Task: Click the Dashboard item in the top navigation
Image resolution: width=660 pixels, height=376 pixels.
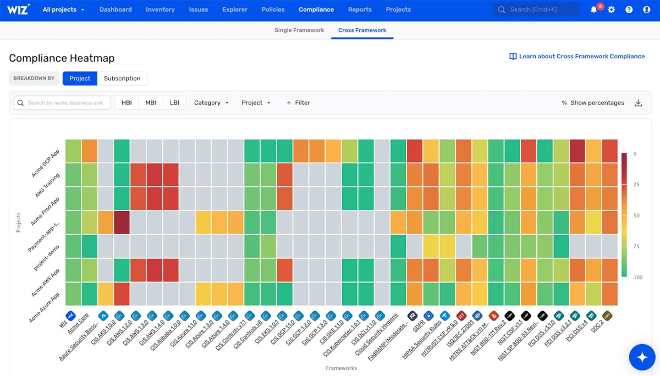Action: click(x=116, y=9)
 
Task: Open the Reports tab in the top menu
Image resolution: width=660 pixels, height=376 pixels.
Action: click(x=360, y=9)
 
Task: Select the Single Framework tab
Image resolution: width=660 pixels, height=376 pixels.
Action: click(x=299, y=30)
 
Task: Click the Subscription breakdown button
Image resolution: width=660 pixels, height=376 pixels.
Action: click(x=122, y=78)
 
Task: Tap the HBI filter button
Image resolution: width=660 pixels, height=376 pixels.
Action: click(x=127, y=103)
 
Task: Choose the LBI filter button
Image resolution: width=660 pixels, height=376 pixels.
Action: click(x=174, y=103)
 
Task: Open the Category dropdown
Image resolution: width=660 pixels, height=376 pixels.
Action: click(x=211, y=103)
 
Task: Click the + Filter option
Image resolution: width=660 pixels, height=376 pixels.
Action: click(x=298, y=103)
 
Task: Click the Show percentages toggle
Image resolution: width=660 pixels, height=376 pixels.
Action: click(x=593, y=103)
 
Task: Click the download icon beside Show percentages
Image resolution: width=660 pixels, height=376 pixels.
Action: click(x=638, y=103)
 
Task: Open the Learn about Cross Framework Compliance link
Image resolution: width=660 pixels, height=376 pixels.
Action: click(x=577, y=56)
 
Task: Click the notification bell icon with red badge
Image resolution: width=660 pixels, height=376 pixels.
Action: click(x=594, y=10)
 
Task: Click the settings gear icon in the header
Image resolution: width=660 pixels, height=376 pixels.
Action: click(x=612, y=10)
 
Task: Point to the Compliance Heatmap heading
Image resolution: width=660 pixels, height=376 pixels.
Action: click(x=62, y=58)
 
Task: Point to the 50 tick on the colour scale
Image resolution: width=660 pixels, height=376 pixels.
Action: click(x=636, y=215)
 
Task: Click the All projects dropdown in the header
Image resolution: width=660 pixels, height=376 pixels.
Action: click(x=63, y=9)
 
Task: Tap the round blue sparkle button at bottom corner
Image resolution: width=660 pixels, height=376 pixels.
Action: click(x=642, y=357)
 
